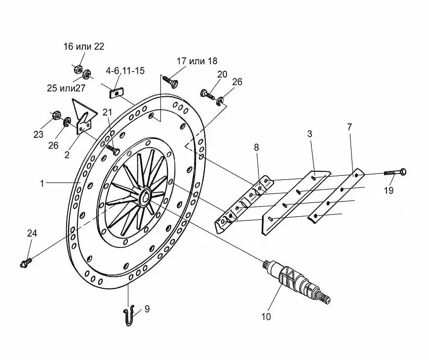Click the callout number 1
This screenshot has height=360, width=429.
(43, 183)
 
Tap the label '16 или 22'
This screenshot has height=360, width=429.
(84, 46)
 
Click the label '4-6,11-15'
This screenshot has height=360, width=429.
(125, 71)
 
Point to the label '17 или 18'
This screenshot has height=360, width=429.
(196, 61)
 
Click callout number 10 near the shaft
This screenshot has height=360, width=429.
(266, 317)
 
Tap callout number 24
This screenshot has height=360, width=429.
(32, 233)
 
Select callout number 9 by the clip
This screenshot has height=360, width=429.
(147, 309)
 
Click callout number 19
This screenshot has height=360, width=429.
(389, 191)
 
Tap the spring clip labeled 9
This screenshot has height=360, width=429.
(128, 315)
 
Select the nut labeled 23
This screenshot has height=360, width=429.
(56, 116)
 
